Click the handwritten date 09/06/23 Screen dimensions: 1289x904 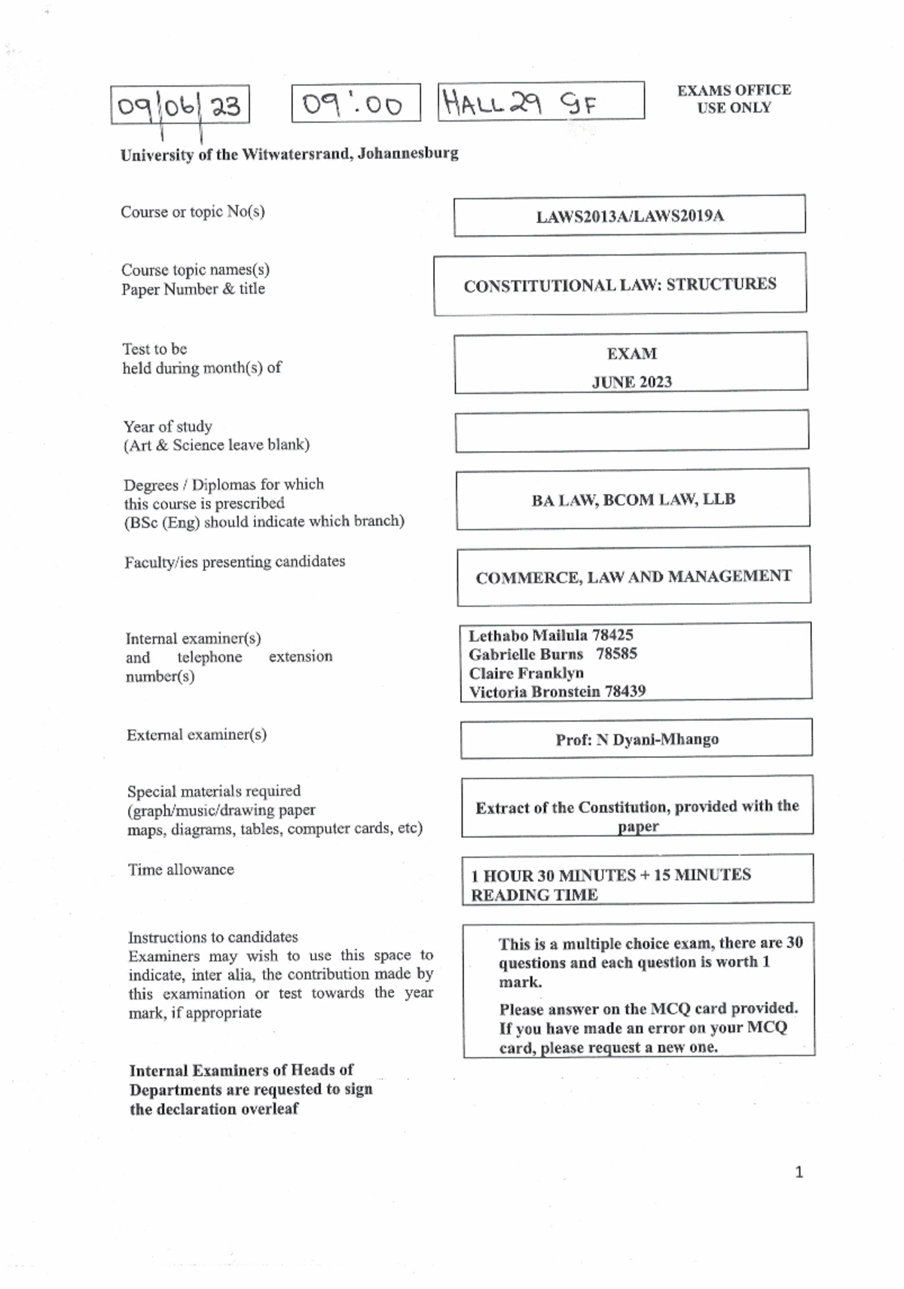(179, 105)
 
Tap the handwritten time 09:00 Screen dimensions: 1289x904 (354, 104)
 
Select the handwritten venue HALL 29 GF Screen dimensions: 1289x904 (520, 102)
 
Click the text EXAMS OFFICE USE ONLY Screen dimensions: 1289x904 (734, 99)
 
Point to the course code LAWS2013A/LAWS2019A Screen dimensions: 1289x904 (630, 216)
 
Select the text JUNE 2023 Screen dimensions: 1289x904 (631, 382)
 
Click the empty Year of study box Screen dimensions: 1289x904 (631, 431)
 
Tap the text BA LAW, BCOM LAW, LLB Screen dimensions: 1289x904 (633, 499)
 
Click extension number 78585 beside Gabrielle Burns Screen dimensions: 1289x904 (616, 653)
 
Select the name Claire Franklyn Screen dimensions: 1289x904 (526, 673)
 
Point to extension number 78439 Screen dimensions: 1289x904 (625, 691)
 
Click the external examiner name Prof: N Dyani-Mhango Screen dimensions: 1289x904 (637, 739)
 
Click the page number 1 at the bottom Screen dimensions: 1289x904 (799, 1172)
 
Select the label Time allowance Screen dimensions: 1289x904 (181, 869)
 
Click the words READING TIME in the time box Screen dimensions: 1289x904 (534, 895)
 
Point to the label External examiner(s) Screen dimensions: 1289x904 (196, 735)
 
